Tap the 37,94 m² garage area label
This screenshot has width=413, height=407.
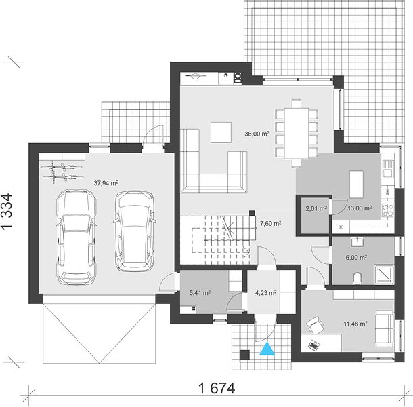[x=106, y=183]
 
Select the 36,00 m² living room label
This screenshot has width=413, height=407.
[x=257, y=134]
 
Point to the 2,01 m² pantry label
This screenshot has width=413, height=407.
[x=316, y=209]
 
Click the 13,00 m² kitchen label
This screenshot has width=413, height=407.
[x=360, y=208]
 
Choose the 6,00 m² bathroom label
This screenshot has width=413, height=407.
[x=356, y=257]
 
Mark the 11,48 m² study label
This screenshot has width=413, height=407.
[x=355, y=324]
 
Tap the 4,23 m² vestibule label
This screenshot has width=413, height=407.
[x=266, y=293]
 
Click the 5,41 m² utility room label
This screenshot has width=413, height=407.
[x=200, y=293]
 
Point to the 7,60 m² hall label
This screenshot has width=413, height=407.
[x=271, y=224]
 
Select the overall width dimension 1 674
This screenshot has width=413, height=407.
[x=217, y=388]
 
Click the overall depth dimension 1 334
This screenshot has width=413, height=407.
[x=7, y=211]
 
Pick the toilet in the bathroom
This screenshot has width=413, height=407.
[x=357, y=279]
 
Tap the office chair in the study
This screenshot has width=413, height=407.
[x=315, y=325]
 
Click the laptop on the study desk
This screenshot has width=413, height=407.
[x=313, y=345]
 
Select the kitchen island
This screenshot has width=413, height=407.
[x=356, y=185]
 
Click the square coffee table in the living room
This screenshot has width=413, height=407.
[x=221, y=132]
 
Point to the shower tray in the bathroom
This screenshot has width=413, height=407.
[x=384, y=275]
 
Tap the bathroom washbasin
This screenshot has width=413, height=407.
[x=357, y=241]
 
